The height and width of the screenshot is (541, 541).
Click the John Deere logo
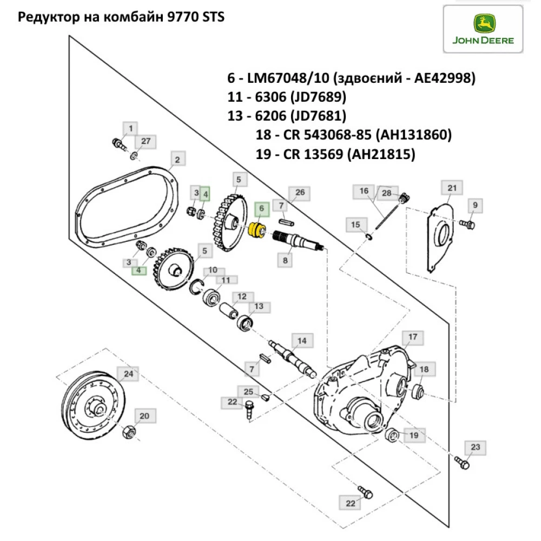(483, 30)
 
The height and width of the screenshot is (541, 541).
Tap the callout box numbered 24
(128, 374)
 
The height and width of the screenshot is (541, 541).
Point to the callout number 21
(452, 188)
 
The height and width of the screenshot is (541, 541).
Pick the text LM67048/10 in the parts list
(288, 78)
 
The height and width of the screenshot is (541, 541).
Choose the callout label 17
(413, 337)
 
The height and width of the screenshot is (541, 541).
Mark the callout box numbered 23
(475, 447)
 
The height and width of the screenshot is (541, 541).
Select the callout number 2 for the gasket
(177, 160)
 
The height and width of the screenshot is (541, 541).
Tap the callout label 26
(300, 192)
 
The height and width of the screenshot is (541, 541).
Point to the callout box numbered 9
(476, 205)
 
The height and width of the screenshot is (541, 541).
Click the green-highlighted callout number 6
(261, 208)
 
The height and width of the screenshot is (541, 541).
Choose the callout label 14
(301, 340)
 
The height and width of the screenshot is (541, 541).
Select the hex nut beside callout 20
(129, 432)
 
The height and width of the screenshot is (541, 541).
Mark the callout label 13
(259, 306)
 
